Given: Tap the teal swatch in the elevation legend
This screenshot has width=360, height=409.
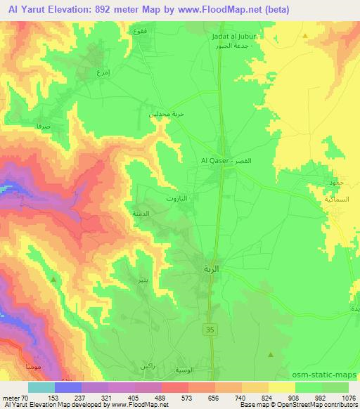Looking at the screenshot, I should pos(41,387).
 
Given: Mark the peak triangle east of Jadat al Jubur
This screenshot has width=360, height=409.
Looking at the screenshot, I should pos(305,35).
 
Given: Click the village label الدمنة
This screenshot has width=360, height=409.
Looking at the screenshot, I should pos(139,212).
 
